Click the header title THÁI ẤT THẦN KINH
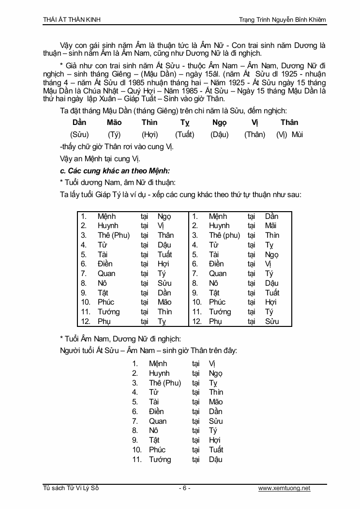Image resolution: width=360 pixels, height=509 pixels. pyautogui.click(x=72, y=19)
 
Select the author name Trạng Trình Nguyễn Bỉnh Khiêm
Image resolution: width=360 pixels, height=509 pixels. pyautogui.click(x=282, y=19)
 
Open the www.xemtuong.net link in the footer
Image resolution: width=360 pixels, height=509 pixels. pyautogui.click(x=284, y=488)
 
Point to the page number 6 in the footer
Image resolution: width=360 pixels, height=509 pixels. pyautogui.click(x=184, y=488)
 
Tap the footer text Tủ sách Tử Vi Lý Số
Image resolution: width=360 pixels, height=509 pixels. pyautogui.click(x=71, y=488)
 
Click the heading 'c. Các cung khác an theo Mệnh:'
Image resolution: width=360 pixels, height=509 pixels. pyautogui.click(x=115, y=170)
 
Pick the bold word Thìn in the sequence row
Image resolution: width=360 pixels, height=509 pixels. pyautogui.click(x=150, y=122)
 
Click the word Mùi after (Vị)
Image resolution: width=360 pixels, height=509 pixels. pyautogui.click(x=297, y=134)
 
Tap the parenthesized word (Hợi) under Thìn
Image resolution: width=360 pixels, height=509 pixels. pyautogui.click(x=150, y=134)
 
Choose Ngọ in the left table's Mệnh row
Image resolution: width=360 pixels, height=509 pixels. pyautogui.click(x=164, y=216)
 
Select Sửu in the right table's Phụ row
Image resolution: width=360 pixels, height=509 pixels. pyautogui.click(x=272, y=321)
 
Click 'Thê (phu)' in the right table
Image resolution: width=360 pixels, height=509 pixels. pyautogui.click(x=225, y=235)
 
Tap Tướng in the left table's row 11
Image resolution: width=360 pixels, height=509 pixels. pyautogui.click(x=108, y=312)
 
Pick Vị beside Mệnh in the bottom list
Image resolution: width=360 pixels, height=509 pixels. pyautogui.click(x=212, y=364)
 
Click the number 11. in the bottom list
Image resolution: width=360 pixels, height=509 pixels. pyautogui.click(x=137, y=459)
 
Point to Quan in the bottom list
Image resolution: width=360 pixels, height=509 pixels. pyautogui.click(x=158, y=421)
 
